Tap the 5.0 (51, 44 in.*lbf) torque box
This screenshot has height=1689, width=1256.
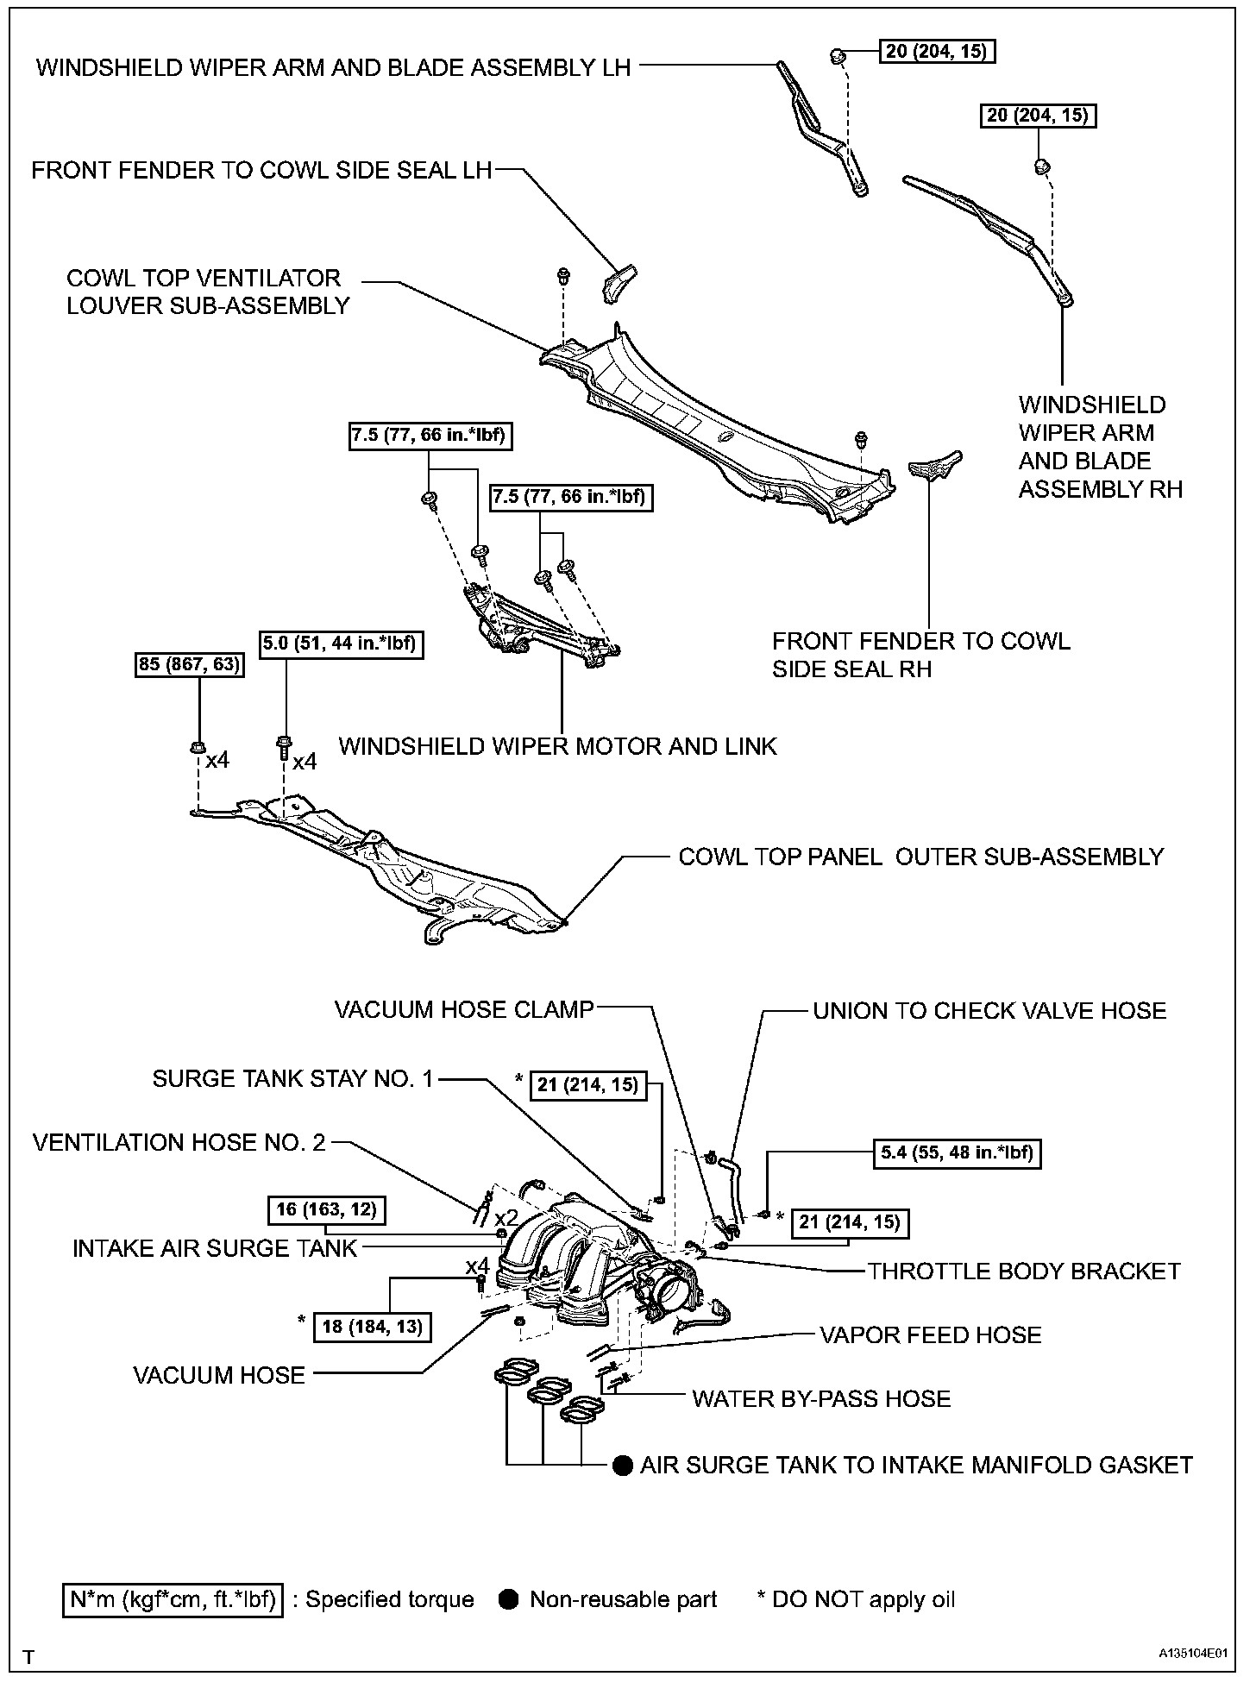tap(342, 643)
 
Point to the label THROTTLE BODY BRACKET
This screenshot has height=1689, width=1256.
tap(1024, 1271)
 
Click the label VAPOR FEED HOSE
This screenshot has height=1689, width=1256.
tap(931, 1335)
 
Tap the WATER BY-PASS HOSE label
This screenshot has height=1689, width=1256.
tap(821, 1398)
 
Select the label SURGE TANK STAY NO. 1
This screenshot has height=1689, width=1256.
tap(292, 1079)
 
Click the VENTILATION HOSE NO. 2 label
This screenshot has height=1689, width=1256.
tap(179, 1143)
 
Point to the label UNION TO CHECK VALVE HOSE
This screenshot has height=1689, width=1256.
tap(989, 1010)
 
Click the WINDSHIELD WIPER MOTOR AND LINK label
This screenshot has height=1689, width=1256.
tap(558, 746)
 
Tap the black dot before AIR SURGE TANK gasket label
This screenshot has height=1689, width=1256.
tap(622, 1466)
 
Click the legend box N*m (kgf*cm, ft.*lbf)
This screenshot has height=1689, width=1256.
tap(173, 1600)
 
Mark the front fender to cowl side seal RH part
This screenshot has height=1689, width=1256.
tap(935, 466)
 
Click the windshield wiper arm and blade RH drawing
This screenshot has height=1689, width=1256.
tap(992, 237)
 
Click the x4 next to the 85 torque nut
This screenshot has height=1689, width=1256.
tap(217, 760)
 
